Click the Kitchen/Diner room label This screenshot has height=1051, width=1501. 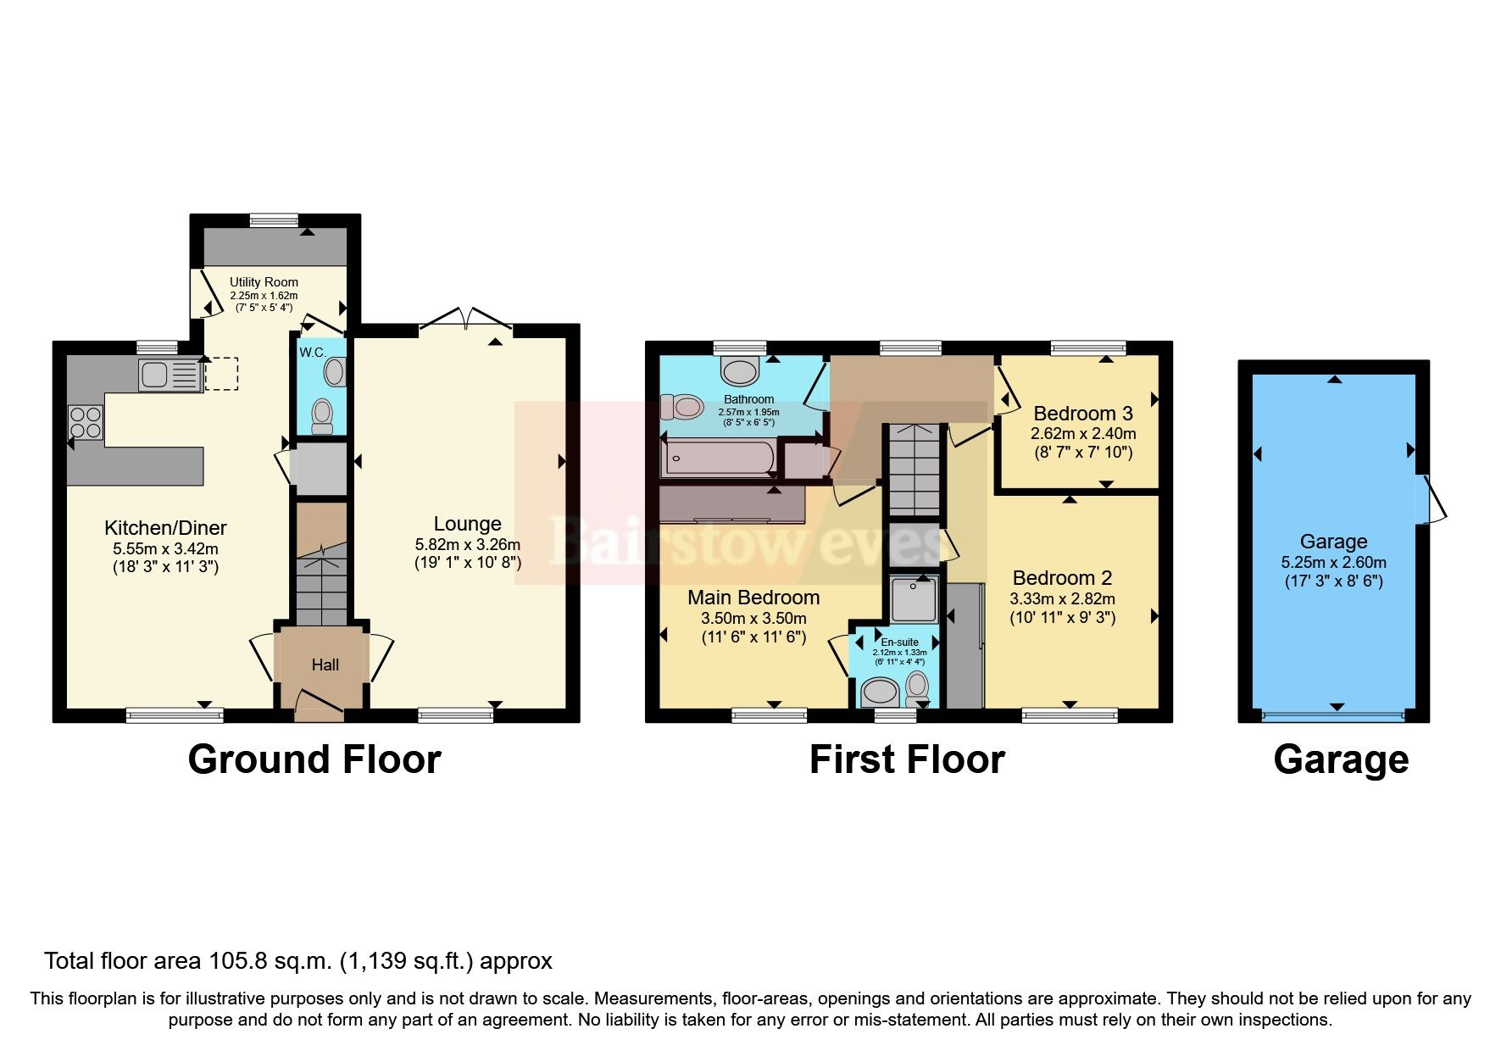point(165,528)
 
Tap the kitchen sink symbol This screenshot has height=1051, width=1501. point(170,375)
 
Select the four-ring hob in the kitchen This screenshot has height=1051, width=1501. point(86,422)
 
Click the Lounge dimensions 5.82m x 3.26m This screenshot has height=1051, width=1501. point(467,544)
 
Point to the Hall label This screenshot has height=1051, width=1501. point(325,665)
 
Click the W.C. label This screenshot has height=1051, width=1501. point(312,353)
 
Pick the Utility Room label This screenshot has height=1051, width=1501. point(264,282)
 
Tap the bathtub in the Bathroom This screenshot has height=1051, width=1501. point(719,458)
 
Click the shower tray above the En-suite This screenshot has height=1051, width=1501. point(914,599)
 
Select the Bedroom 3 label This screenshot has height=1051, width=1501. point(1082,414)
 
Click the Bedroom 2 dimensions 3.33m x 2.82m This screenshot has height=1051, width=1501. point(1062,598)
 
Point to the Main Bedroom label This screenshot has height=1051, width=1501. point(753,598)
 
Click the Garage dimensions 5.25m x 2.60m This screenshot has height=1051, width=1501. point(1333,562)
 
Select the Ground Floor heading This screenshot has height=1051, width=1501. point(314,759)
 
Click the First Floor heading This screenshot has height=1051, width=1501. point(906,759)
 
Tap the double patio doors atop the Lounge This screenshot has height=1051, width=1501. point(465,320)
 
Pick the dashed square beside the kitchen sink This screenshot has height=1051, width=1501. point(221,374)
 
